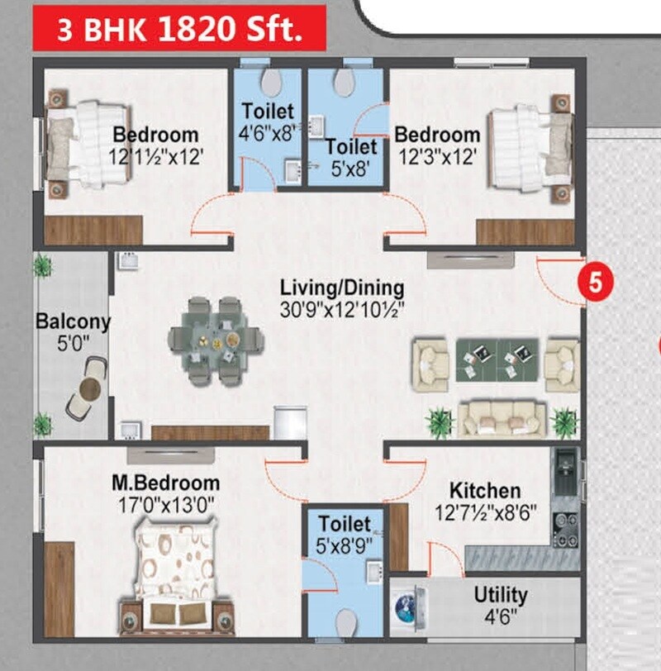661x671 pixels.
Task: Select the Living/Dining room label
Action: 342,288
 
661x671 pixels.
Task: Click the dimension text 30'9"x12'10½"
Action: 342,311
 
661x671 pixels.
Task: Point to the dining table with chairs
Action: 215,339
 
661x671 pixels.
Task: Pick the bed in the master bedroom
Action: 175,578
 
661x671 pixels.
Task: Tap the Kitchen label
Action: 485,491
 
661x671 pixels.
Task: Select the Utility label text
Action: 501,595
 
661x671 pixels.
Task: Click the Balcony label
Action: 73,321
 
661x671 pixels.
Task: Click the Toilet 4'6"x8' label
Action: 267,121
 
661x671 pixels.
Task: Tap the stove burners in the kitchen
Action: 565,529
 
